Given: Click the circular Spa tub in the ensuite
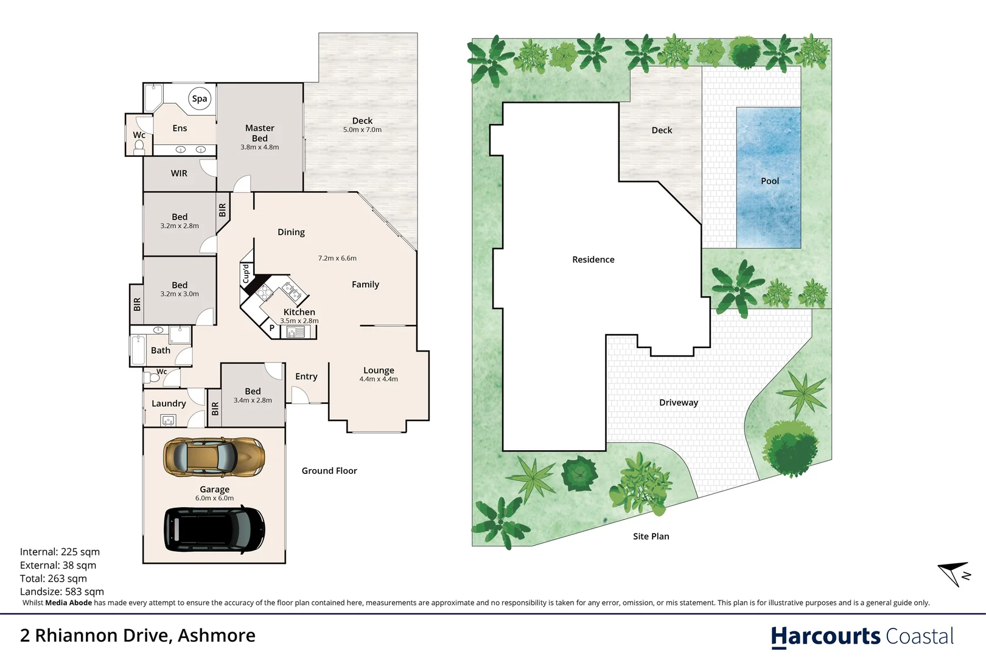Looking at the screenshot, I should tap(200, 99).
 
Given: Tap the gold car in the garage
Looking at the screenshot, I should tap(214, 457).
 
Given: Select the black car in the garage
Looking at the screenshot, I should tap(214, 529).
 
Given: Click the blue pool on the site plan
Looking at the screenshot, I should tap(768, 178).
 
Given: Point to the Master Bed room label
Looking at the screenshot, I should tap(259, 133).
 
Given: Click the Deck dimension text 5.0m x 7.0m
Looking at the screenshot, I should tap(362, 130).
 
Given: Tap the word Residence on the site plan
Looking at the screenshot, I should tap(593, 260).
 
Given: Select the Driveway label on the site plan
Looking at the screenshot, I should tap(678, 403).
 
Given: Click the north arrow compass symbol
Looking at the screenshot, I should tap(953, 573).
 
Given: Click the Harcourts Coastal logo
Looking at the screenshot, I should tap(862, 636).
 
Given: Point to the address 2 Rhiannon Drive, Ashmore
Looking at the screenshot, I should tap(138, 636).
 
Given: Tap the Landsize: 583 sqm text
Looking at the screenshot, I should tap(61, 591).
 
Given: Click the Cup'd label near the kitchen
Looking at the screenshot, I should tap(246, 273).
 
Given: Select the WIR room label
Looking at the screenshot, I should tap(179, 173).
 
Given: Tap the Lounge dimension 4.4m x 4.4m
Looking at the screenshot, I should tap(378, 379).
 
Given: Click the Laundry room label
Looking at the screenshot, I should tap(169, 403).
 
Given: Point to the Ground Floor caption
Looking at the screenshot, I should tap(329, 471).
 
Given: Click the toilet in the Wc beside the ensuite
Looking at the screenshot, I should tap(139, 146).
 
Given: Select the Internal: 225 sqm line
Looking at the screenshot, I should tap(60, 552).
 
